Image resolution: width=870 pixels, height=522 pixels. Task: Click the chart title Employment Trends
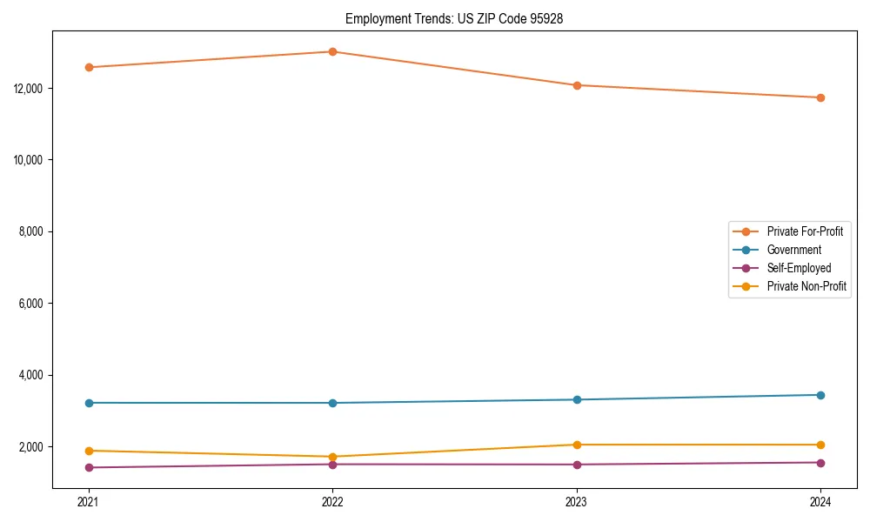pyautogui.click(x=454, y=18)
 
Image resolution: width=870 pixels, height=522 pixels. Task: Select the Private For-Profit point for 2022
pyautogui.click(x=332, y=51)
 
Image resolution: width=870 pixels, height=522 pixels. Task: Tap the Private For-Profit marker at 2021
pyautogui.click(x=89, y=67)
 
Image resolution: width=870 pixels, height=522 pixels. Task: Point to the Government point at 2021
pyautogui.click(x=89, y=403)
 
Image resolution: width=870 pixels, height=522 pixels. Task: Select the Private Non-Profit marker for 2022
pyautogui.click(x=332, y=457)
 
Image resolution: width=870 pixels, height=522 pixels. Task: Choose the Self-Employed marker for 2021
pyautogui.click(x=89, y=467)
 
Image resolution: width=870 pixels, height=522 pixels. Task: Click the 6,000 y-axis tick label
pyautogui.click(x=32, y=304)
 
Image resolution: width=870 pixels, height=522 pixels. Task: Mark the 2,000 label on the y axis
pyautogui.click(x=32, y=447)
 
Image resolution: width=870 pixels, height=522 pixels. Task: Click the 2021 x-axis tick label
pyautogui.click(x=89, y=502)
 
